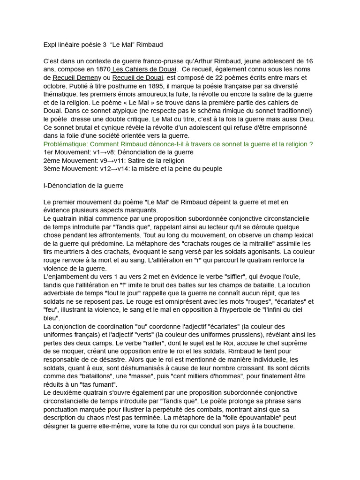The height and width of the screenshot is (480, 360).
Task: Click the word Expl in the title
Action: pyautogui.click(x=49, y=45)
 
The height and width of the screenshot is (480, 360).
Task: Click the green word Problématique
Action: pyautogui.click(x=65, y=144)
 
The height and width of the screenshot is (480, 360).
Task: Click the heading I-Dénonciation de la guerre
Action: pyautogui.click(x=83, y=186)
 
